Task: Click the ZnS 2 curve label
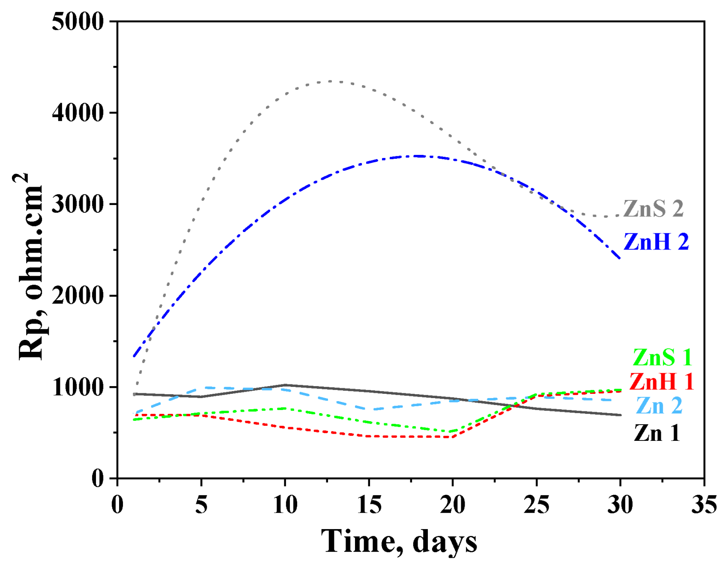[x=653, y=209]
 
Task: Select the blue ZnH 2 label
[x=656, y=242]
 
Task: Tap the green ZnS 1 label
[x=662, y=357]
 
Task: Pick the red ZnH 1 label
[x=661, y=381]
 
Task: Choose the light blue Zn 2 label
[x=659, y=406]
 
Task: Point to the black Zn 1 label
[x=656, y=433]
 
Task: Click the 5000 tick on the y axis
[x=78, y=21]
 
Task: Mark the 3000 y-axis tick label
[x=78, y=204]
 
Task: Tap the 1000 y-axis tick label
[x=78, y=387]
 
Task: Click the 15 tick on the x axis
[x=369, y=505]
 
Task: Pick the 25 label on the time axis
[x=536, y=505]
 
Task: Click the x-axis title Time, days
[x=399, y=541]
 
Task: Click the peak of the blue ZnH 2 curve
[x=418, y=156]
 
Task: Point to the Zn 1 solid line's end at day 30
[x=620, y=415]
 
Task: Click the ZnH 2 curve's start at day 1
[x=134, y=356]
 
